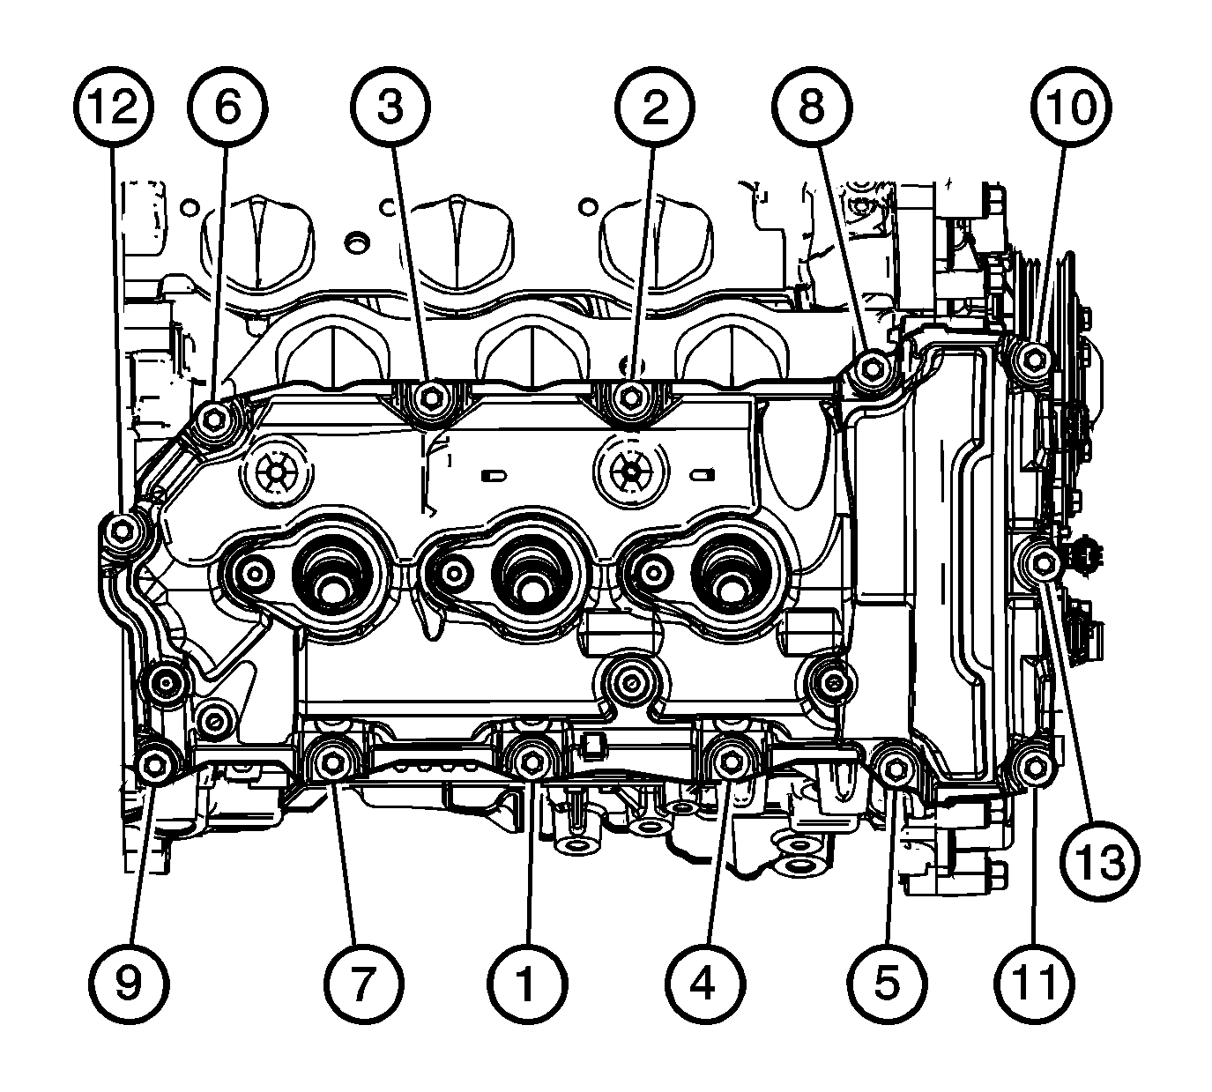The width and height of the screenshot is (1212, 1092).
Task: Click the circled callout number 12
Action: (x=114, y=107)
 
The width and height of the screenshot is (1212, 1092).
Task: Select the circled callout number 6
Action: (x=227, y=107)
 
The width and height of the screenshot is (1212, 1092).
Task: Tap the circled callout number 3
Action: (x=390, y=107)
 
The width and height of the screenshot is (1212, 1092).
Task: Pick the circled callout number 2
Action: (x=655, y=107)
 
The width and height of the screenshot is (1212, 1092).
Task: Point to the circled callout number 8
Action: (x=812, y=107)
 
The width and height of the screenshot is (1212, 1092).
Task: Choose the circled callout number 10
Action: (x=1071, y=107)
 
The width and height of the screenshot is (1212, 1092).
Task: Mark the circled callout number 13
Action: (x=1099, y=861)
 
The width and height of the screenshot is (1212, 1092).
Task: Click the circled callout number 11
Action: (x=1036, y=984)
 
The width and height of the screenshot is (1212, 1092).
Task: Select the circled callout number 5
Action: (x=887, y=984)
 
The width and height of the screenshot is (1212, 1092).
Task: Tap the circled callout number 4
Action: (x=705, y=984)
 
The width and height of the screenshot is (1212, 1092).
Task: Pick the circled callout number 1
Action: (x=527, y=984)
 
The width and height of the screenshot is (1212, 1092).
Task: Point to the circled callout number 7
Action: (x=362, y=984)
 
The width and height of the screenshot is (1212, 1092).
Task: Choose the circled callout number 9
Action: (x=129, y=984)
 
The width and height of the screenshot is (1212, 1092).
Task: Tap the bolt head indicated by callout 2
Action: (x=631, y=397)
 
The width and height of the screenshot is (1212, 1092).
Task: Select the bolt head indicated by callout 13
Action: (x=1044, y=564)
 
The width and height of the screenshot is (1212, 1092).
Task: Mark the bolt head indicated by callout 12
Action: (x=123, y=531)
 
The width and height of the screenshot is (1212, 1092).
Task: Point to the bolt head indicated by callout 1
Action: (x=532, y=763)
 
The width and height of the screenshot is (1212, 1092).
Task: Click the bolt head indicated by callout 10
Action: (x=1036, y=360)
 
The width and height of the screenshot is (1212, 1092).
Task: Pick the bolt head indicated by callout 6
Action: (x=214, y=418)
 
